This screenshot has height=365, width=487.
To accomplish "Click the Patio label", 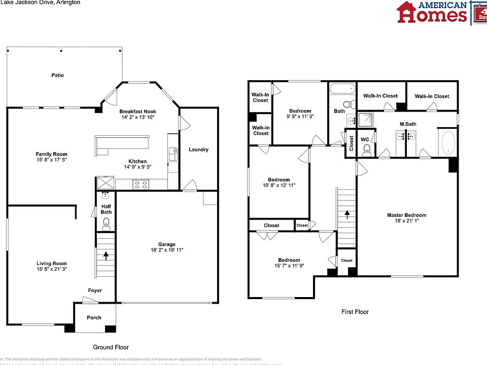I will [57, 75].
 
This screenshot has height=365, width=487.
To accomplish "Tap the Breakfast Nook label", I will [137, 112].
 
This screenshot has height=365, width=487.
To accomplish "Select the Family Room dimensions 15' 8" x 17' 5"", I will [51, 160].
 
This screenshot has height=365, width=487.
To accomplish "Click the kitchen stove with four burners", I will [141, 185].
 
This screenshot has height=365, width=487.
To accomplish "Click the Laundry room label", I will [198, 150].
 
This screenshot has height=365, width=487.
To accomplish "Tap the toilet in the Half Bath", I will [106, 222].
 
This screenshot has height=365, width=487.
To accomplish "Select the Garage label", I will [166, 244].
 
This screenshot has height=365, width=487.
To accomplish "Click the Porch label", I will [94, 318].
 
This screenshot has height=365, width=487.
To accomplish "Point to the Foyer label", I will [95, 290].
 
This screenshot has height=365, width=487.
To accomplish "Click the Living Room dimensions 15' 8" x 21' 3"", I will [51, 269].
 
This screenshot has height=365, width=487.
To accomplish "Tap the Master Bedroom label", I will [407, 215].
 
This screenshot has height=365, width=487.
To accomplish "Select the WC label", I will [364, 139].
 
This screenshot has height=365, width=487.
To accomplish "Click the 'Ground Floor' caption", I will [111, 347].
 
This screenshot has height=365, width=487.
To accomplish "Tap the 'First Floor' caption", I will [355, 312].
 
